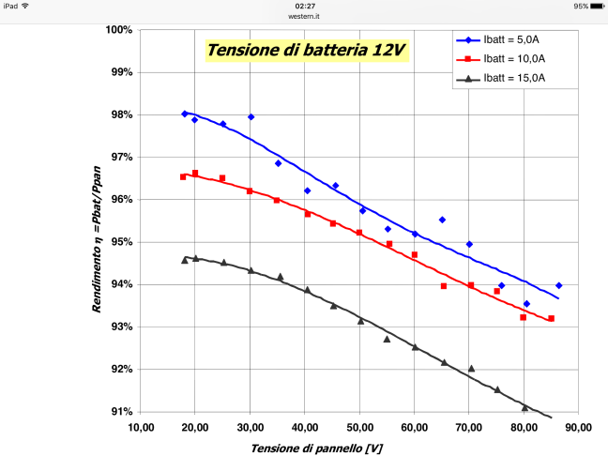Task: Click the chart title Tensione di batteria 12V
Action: pyautogui.click(x=310, y=50)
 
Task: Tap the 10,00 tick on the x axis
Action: pyautogui.click(x=141, y=428)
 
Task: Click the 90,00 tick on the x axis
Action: pyautogui.click(x=579, y=428)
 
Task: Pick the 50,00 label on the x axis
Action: pyautogui.click(x=359, y=428)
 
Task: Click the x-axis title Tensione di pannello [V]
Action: pyautogui.click(x=316, y=448)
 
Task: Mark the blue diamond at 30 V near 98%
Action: pyautogui.click(x=251, y=117)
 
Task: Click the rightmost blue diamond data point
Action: pyautogui.click(x=558, y=285)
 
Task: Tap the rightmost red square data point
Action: pyautogui.click(x=551, y=318)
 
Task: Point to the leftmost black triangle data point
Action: pyautogui.click(x=185, y=260)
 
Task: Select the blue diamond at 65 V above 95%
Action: pyautogui.click(x=442, y=220)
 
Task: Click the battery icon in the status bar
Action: pyautogui.click(x=598, y=6)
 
